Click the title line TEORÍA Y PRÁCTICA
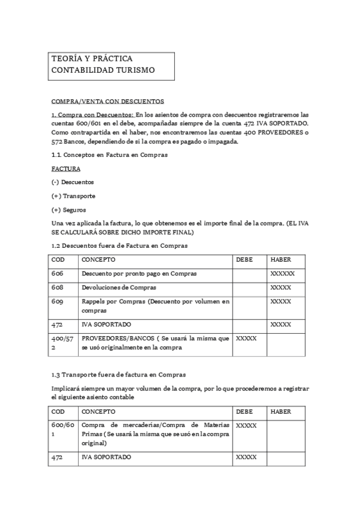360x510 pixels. [x=92, y=59]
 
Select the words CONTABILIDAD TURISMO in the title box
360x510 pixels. [x=103, y=70]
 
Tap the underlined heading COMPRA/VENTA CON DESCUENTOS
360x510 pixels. [x=108, y=101]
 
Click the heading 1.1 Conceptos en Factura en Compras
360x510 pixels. [x=109, y=155]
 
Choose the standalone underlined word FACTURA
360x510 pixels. [x=66, y=169]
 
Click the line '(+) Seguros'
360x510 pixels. [x=69, y=210]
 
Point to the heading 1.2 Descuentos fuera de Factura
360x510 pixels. [x=120, y=246]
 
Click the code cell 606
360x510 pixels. [x=57, y=274]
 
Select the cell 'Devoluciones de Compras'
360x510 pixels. [x=119, y=287]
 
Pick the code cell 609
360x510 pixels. [x=57, y=301]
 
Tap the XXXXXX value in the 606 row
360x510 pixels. [x=282, y=274]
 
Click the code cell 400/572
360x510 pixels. [x=63, y=343]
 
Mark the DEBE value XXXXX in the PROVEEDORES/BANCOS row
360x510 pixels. [x=246, y=339]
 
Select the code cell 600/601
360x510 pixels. [x=63, y=429]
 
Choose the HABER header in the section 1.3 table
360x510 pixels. [x=281, y=412]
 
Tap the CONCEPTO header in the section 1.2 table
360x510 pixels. [x=99, y=260]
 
